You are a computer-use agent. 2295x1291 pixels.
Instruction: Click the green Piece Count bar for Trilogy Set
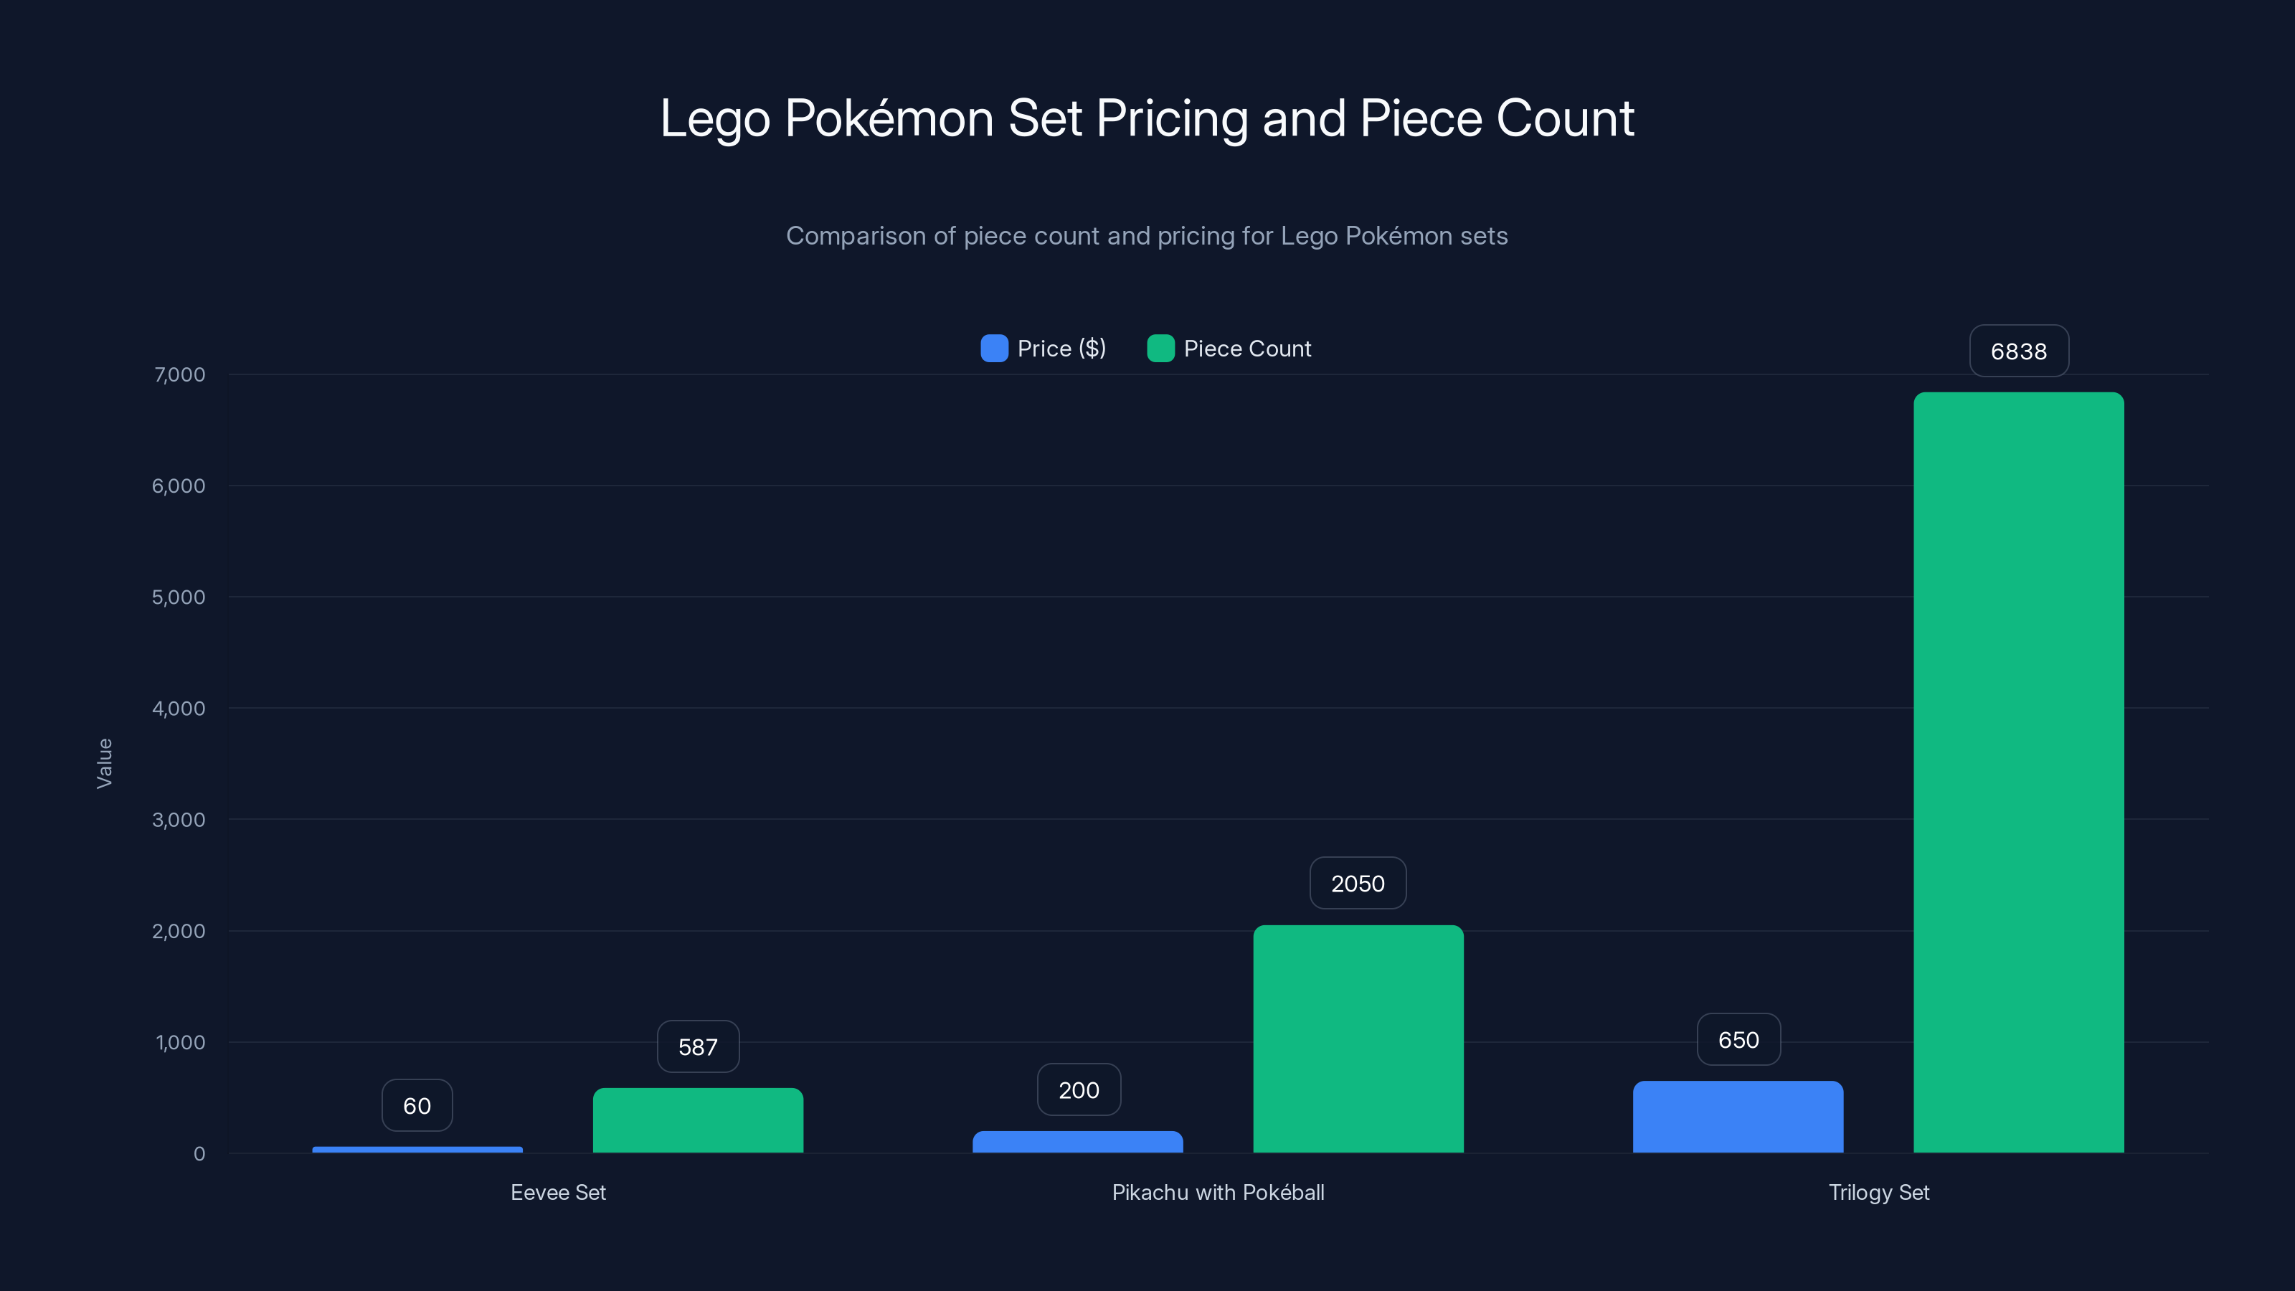click(2018, 772)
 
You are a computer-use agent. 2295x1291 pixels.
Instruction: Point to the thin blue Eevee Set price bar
click(417, 1149)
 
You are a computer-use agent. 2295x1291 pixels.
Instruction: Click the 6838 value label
click(2018, 351)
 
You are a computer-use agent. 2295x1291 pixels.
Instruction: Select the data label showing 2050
click(1358, 883)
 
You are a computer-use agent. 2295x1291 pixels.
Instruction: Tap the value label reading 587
click(698, 1047)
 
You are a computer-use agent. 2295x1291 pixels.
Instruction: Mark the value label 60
click(417, 1106)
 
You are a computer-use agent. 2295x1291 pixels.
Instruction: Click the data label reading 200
click(1078, 1089)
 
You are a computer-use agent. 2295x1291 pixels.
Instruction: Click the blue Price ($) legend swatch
click(994, 349)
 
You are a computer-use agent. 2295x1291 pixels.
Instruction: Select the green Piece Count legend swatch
click(1160, 349)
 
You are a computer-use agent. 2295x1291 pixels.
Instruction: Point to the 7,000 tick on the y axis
click(179, 374)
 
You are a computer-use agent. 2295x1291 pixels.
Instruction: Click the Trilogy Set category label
click(1878, 1192)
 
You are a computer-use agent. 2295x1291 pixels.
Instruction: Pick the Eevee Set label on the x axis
click(558, 1192)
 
